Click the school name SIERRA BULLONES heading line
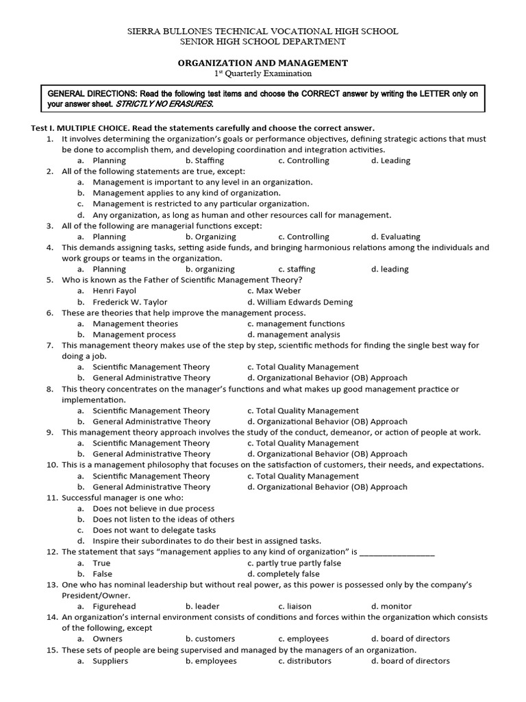pyautogui.click(x=263, y=32)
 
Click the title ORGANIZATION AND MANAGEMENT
pyautogui.click(x=263, y=62)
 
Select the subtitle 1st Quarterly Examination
pyautogui.click(x=263, y=73)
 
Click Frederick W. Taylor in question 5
pyautogui.click(x=129, y=302)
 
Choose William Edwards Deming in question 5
pyautogui.click(x=300, y=302)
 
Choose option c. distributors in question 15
pyautogui.click(x=305, y=661)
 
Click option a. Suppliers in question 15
pyautogui.click(x=110, y=661)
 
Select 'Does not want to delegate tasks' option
pyautogui.click(x=154, y=530)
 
